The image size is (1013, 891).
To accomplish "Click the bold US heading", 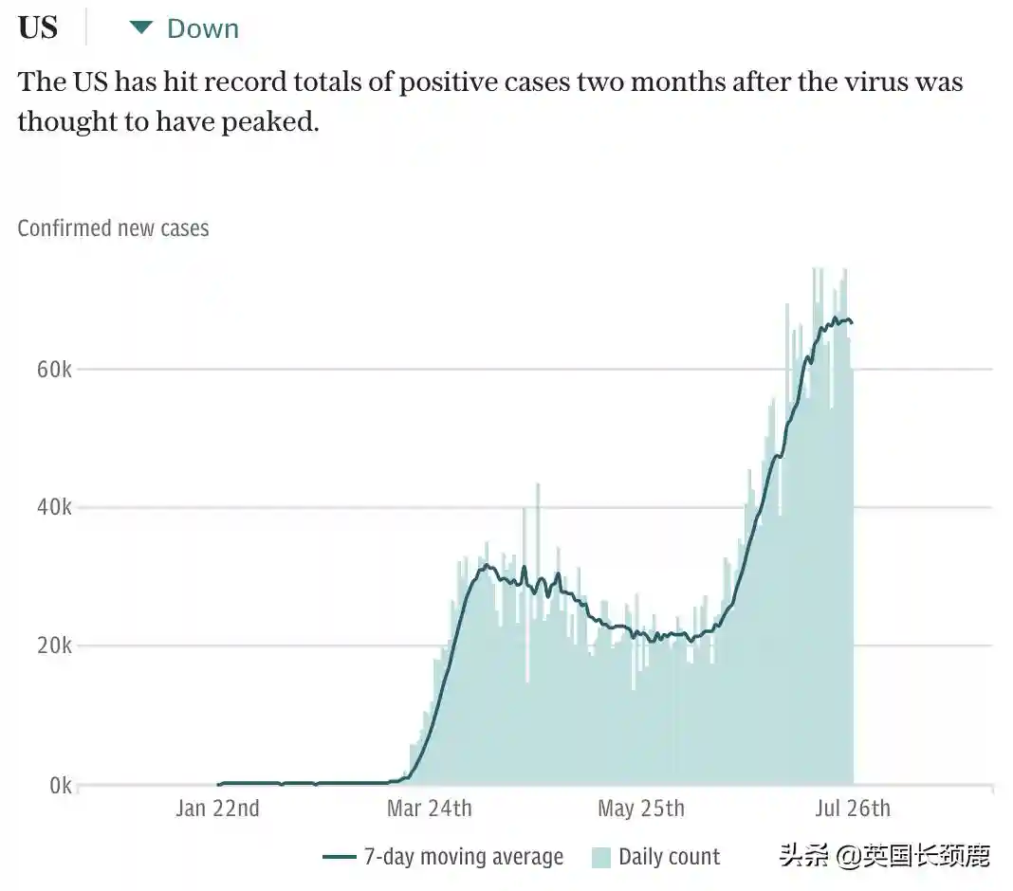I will (x=38, y=27).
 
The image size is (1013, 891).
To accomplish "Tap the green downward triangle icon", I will (x=141, y=28).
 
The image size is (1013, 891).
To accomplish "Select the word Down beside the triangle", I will (x=203, y=28).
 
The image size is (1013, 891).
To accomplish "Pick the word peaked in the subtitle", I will (x=269, y=122).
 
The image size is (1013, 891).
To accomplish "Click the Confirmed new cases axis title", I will (x=113, y=228).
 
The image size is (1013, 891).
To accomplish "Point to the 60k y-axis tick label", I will (x=54, y=369).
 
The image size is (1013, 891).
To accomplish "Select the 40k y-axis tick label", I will (x=54, y=508).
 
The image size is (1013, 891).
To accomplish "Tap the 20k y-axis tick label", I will (x=54, y=646).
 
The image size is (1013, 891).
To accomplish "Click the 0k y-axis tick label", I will (x=59, y=786).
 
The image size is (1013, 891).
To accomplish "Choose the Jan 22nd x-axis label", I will (x=217, y=809).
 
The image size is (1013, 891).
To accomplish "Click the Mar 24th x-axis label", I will (x=429, y=809).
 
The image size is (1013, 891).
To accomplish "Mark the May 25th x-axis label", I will (x=640, y=809).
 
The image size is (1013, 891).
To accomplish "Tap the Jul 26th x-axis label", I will (x=852, y=809).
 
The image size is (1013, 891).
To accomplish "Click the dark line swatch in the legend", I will (x=340, y=857).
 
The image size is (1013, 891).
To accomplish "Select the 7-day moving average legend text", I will (x=463, y=857).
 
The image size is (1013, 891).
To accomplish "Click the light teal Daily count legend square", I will (x=601, y=858).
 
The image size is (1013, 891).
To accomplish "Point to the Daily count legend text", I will (x=669, y=857).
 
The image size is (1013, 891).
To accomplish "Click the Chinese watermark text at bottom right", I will (x=884, y=857).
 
